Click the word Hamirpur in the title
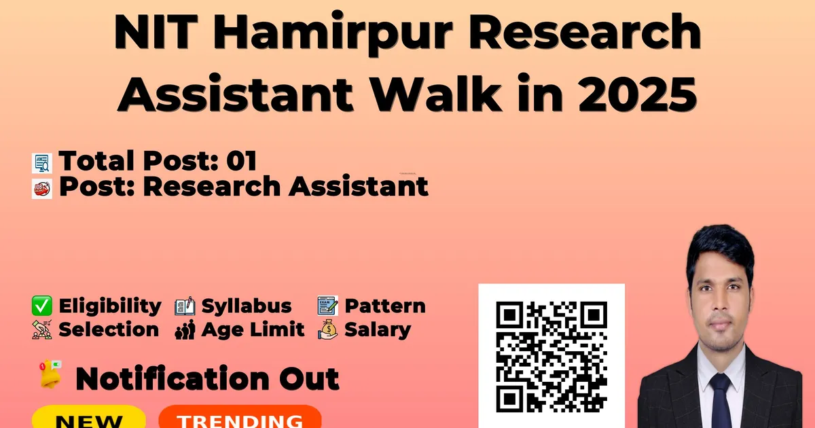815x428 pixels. tap(333, 33)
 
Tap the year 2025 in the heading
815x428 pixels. tap(637, 94)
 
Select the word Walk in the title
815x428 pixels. tap(435, 93)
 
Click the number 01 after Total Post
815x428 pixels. tap(242, 161)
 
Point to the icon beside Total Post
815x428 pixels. tap(42, 162)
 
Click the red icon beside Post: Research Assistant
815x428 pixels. tap(42, 189)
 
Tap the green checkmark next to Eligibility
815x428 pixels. tap(42, 306)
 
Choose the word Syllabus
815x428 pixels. tap(247, 306)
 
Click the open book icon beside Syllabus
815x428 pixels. tap(185, 306)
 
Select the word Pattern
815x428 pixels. tap(385, 306)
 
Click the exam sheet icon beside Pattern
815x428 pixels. tap(327, 306)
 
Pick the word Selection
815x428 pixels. tap(109, 329)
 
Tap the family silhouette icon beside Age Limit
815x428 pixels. tap(185, 329)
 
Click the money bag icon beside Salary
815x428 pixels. tap(327, 329)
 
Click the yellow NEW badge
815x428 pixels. tap(89, 417)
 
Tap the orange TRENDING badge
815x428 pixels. tap(240, 417)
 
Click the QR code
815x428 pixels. tap(551, 357)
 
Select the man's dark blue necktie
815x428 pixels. tap(721, 400)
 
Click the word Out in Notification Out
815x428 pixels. tap(309, 379)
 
